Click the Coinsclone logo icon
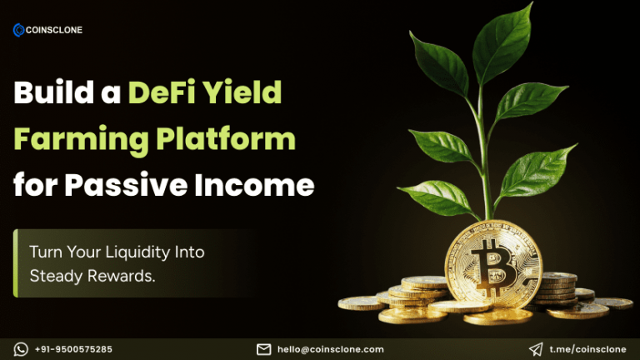pyautogui.click(x=18, y=30)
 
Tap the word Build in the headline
pyautogui.click(x=52, y=93)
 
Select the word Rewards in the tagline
pyautogui.click(x=122, y=276)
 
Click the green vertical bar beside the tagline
pyautogui.click(x=16, y=263)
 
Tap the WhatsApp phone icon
pyautogui.click(x=21, y=349)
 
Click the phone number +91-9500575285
pyautogui.click(x=74, y=349)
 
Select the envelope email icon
pyautogui.click(x=263, y=349)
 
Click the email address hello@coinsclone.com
pyautogui.click(x=331, y=349)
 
